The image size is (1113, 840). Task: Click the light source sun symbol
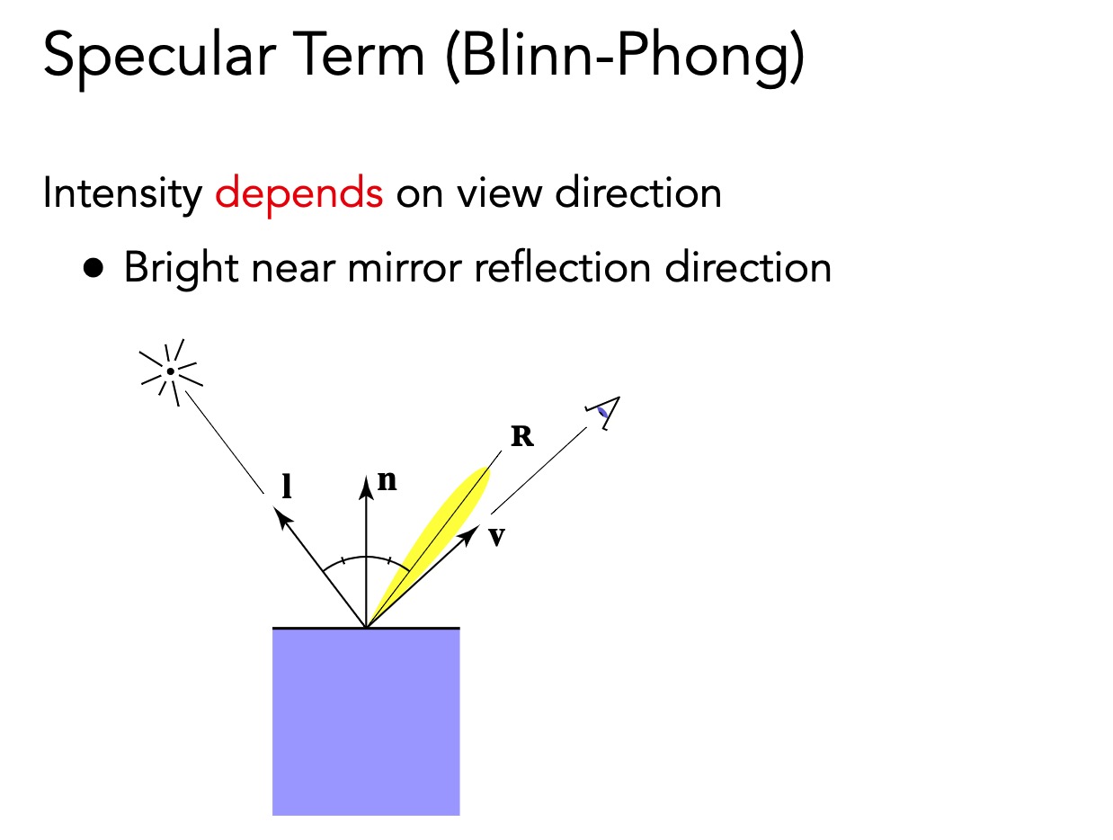tap(170, 370)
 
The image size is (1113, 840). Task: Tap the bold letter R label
tap(521, 437)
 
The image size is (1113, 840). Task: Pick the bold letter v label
tap(495, 537)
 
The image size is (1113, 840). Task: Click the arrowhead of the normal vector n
tap(366, 487)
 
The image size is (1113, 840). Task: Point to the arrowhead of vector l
tap(281, 515)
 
